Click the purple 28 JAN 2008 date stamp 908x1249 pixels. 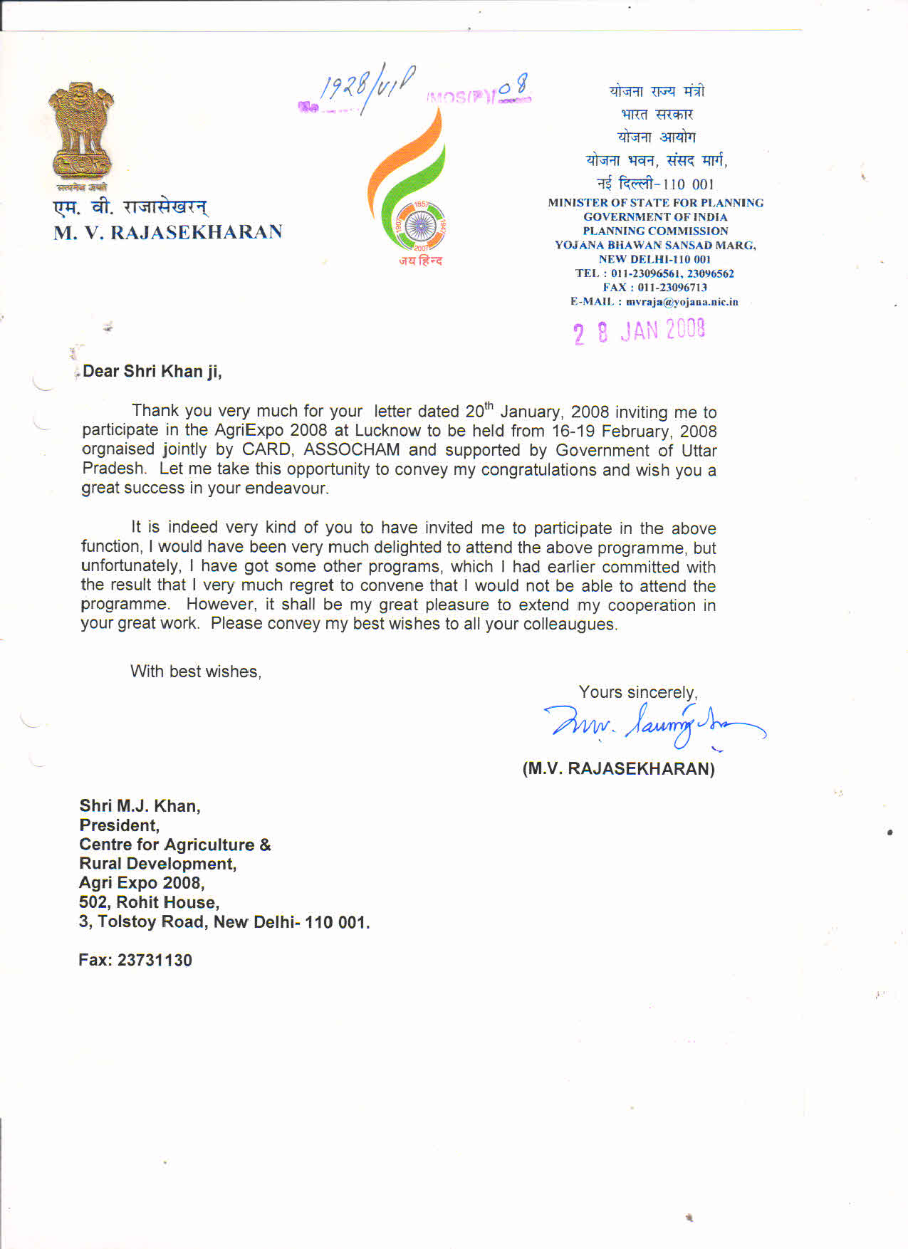point(639,331)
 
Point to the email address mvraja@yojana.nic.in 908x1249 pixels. point(682,302)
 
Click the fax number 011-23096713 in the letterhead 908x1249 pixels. point(672,288)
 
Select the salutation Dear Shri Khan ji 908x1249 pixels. point(152,371)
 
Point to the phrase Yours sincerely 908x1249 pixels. point(637,692)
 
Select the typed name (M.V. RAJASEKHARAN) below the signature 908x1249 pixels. point(618,769)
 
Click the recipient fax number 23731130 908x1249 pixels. point(155,960)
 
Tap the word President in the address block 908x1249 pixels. point(119,825)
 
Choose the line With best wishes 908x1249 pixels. point(196,671)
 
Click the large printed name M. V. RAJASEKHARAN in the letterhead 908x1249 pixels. point(168,232)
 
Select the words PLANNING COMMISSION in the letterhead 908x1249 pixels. point(655,231)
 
